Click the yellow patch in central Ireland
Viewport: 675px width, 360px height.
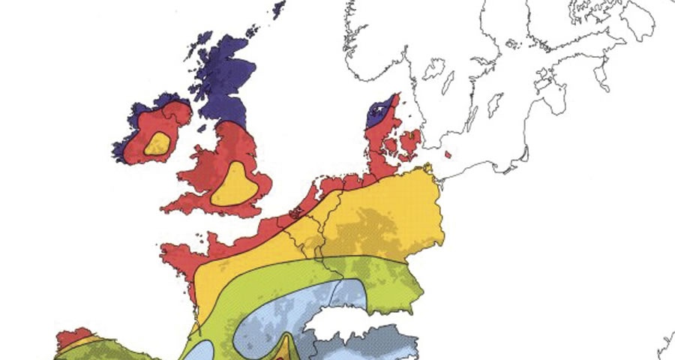(157, 143)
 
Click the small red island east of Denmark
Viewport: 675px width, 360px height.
(448, 155)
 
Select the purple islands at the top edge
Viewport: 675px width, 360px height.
(279, 9)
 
